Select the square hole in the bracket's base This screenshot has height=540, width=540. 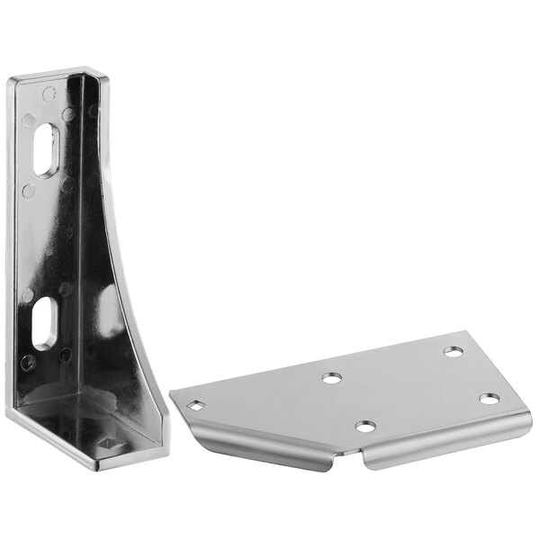tap(111, 444)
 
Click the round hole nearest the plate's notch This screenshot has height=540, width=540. tap(364, 426)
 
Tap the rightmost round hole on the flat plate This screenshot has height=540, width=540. tap(489, 398)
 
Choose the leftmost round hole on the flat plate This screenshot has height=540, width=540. tap(332, 378)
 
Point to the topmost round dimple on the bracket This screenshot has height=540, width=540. tap(49, 93)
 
